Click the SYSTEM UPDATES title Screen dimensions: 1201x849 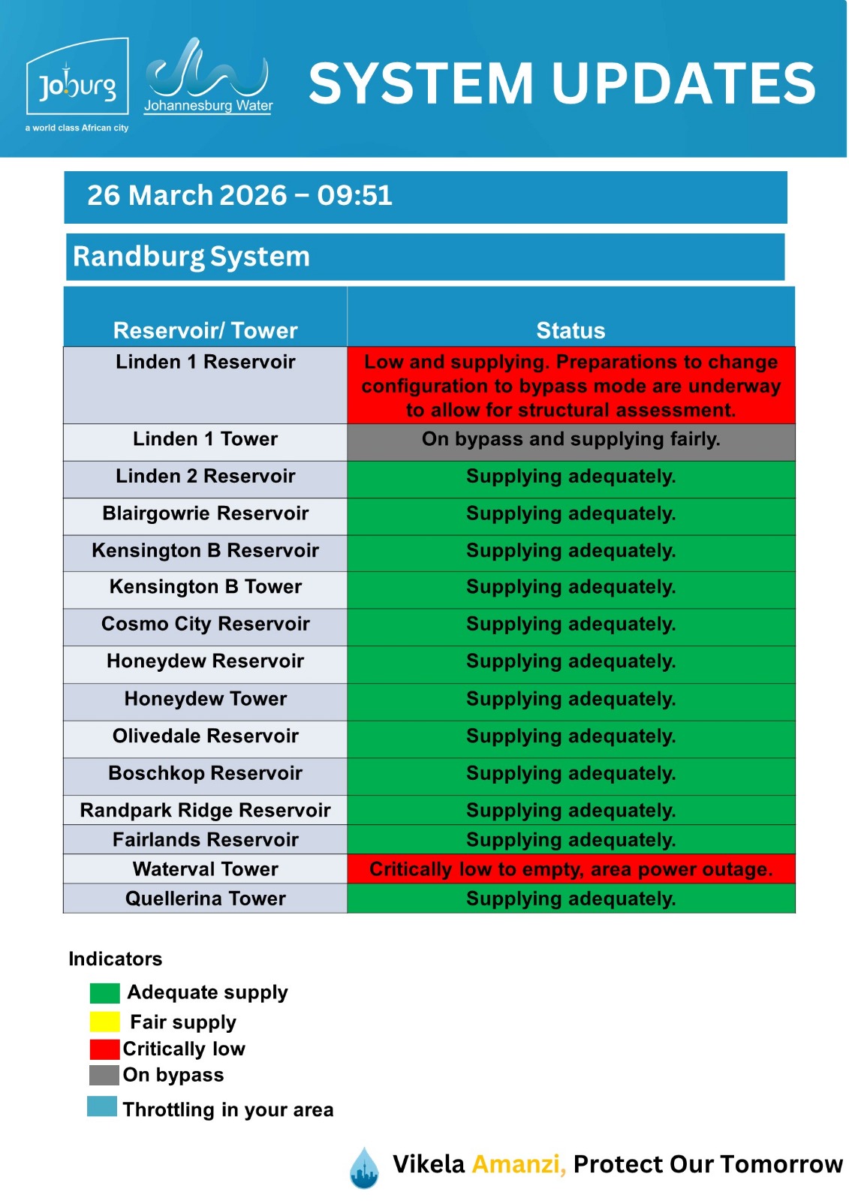(x=561, y=83)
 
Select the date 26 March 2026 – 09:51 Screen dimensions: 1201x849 (x=239, y=196)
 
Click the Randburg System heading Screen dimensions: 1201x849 (x=191, y=257)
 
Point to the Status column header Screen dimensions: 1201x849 (x=571, y=330)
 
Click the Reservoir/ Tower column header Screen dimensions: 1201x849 (x=205, y=330)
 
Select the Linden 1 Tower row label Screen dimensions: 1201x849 (x=205, y=439)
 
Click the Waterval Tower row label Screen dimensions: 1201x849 (x=205, y=869)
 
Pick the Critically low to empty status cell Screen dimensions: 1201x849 (x=571, y=869)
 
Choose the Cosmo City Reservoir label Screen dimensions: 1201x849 (x=205, y=625)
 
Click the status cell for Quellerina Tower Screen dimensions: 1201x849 (x=571, y=898)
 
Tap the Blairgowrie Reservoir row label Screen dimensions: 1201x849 (x=205, y=514)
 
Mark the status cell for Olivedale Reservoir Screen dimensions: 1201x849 (x=571, y=736)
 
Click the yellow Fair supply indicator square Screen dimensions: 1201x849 (x=104, y=1022)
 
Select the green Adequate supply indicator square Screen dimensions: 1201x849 (x=104, y=993)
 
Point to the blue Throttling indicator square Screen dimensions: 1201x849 (x=102, y=1106)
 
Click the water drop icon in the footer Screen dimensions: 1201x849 (x=364, y=1168)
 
